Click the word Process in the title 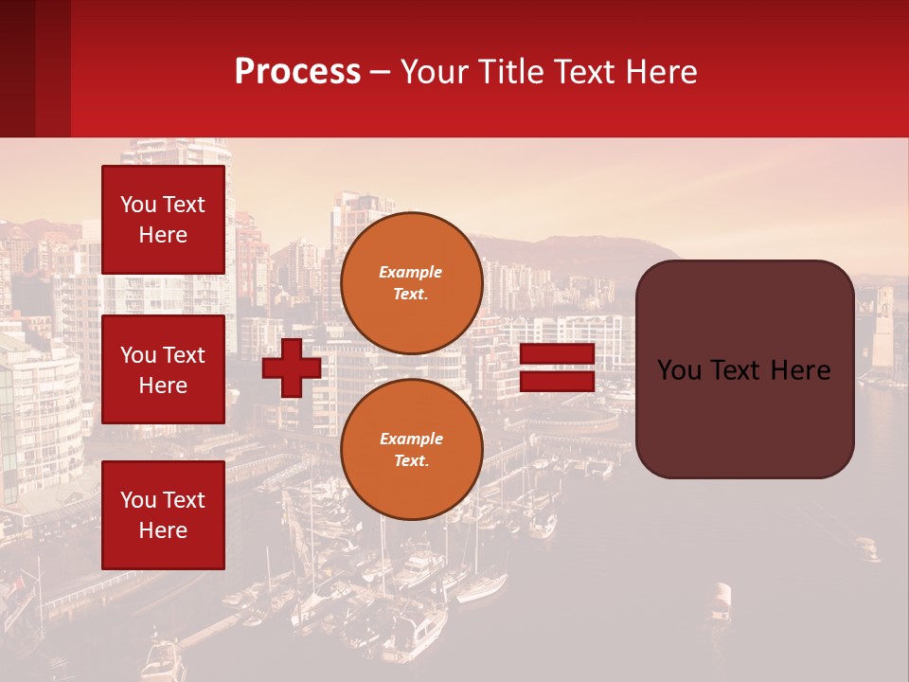297,72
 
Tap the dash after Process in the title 380,73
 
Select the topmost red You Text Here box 163,220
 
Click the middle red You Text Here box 163,369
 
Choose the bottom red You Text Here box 163,515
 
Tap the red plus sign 292,368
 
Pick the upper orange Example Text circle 412,283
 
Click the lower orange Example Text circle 412,450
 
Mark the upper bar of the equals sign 557,354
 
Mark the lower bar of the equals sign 557,382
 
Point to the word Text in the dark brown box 735,370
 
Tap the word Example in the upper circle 411,272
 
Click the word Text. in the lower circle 411,461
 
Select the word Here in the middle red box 163,386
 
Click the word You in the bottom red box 138,500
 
